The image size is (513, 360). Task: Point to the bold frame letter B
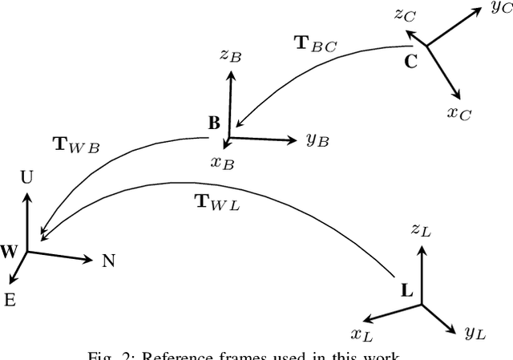click(213, 123)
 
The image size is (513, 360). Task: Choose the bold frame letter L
click(406, 290)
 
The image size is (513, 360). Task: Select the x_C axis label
click(459, 112)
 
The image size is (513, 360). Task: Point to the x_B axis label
click(221, 162)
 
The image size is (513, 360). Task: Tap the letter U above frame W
click(26, 178)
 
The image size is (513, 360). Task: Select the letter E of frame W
click(10, 301)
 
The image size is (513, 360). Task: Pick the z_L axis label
click(421, 231)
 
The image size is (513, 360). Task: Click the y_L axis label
click(474, 330)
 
